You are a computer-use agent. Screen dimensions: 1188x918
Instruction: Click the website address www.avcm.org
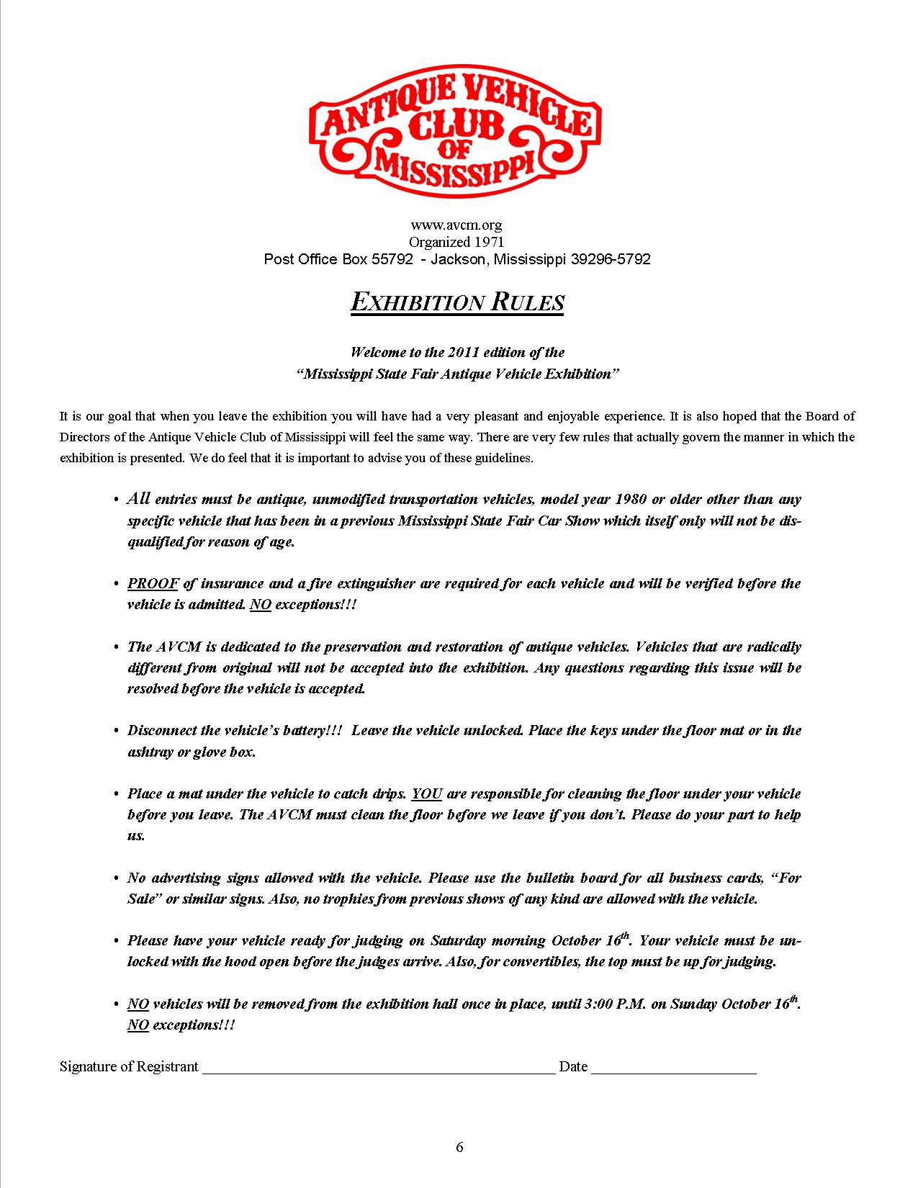456,225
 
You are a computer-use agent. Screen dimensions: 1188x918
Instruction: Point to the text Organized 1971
456,242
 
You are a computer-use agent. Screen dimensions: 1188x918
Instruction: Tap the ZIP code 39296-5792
610,259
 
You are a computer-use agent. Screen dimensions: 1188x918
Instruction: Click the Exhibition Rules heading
457,302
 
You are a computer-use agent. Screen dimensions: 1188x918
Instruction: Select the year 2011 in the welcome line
463,352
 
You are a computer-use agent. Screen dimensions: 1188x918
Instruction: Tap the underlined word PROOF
153,584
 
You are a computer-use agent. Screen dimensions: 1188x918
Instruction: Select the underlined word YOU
427,794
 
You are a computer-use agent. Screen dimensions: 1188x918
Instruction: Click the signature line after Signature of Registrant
378,1067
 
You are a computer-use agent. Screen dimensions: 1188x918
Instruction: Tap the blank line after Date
673,1067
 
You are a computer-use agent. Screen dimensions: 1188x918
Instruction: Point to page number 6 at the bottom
459,1147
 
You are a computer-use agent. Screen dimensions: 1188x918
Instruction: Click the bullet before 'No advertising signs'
117,878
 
